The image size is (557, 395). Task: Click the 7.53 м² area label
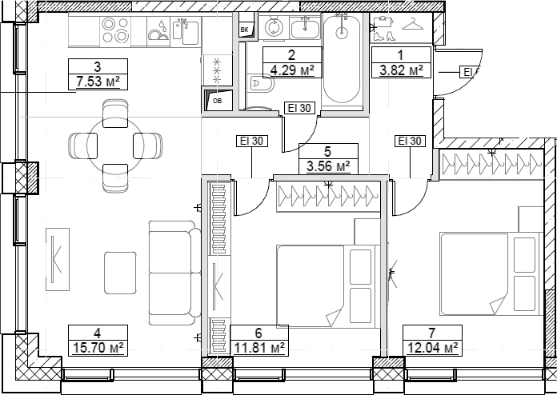click(98, 81)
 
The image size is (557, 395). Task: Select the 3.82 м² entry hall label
click(403, 70)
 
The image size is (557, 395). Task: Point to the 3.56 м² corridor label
click(328, 166)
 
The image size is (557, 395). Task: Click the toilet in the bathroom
click(257, 82)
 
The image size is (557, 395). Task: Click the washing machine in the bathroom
click(274, 29)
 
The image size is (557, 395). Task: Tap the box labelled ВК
click(244, 30)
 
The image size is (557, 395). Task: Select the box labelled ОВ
click(216, 101)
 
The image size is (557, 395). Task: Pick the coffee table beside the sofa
click(120, 276)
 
